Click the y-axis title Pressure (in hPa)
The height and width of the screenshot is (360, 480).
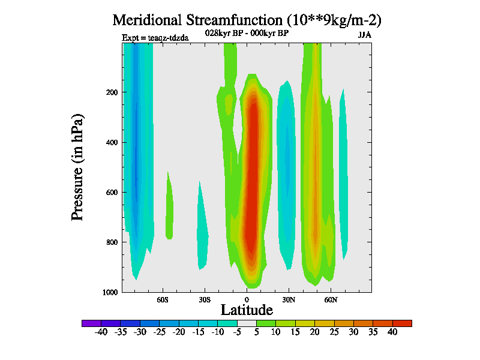77,166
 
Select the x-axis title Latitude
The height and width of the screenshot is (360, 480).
247,310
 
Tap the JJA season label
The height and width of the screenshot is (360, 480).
365,35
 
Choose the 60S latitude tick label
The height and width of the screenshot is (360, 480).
163,299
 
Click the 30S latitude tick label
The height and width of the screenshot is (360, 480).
205,299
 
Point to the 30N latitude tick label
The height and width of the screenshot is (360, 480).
289,299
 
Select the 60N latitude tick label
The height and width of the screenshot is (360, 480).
331,299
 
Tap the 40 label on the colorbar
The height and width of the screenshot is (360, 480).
392,332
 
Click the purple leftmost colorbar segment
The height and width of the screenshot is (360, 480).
91,323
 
